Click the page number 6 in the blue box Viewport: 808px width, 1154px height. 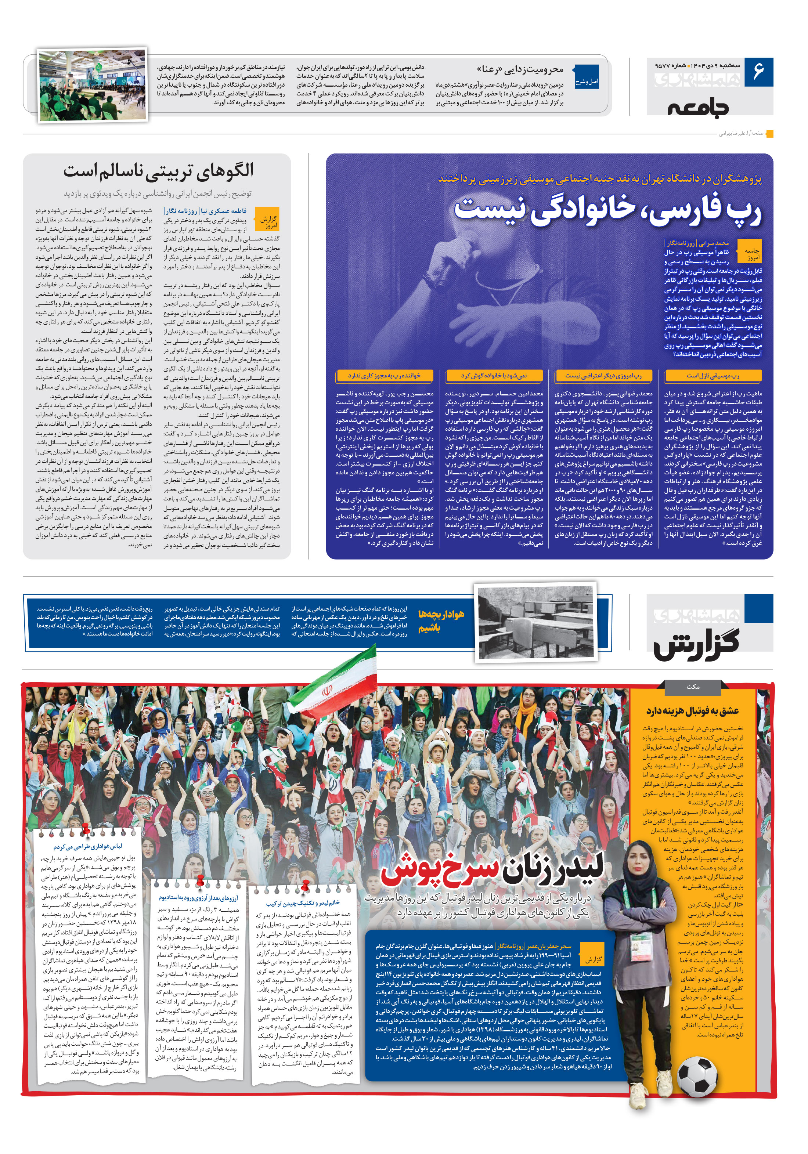pyautogui.click(x=758, y=71)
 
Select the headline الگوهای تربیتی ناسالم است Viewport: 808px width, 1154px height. pyautogui.click(x=158, y=171)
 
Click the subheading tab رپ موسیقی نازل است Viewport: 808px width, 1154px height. pyautogui.click(x=713, y=376)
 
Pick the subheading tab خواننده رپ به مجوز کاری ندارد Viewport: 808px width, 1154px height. pyautogui.click(x=384, y=376)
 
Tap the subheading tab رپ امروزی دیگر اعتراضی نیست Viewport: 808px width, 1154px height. pyautogui.click(x=603, y=376)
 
